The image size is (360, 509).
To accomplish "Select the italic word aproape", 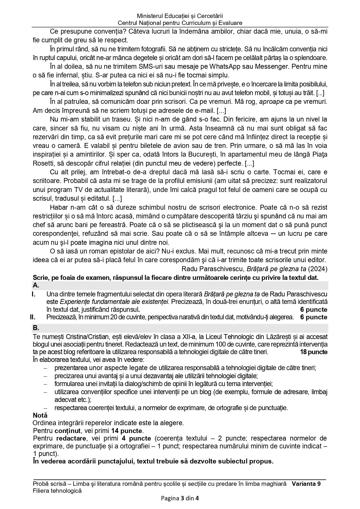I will click(x=271, y=102).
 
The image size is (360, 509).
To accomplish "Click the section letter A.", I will click(x=36, y=285).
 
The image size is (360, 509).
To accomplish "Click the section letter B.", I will click(x=36, y=328).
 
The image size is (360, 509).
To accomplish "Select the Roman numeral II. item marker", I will click(x=33, y=317).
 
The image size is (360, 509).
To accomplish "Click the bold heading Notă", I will click(x=40, y=415).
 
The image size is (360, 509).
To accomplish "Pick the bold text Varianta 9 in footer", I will click(x=306, y=484).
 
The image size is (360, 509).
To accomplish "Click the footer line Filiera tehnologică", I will click(x=57, y=491).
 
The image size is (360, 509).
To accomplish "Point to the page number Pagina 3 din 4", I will click(x=180, y=499).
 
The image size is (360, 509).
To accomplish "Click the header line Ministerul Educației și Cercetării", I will click(x=180, y=16).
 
